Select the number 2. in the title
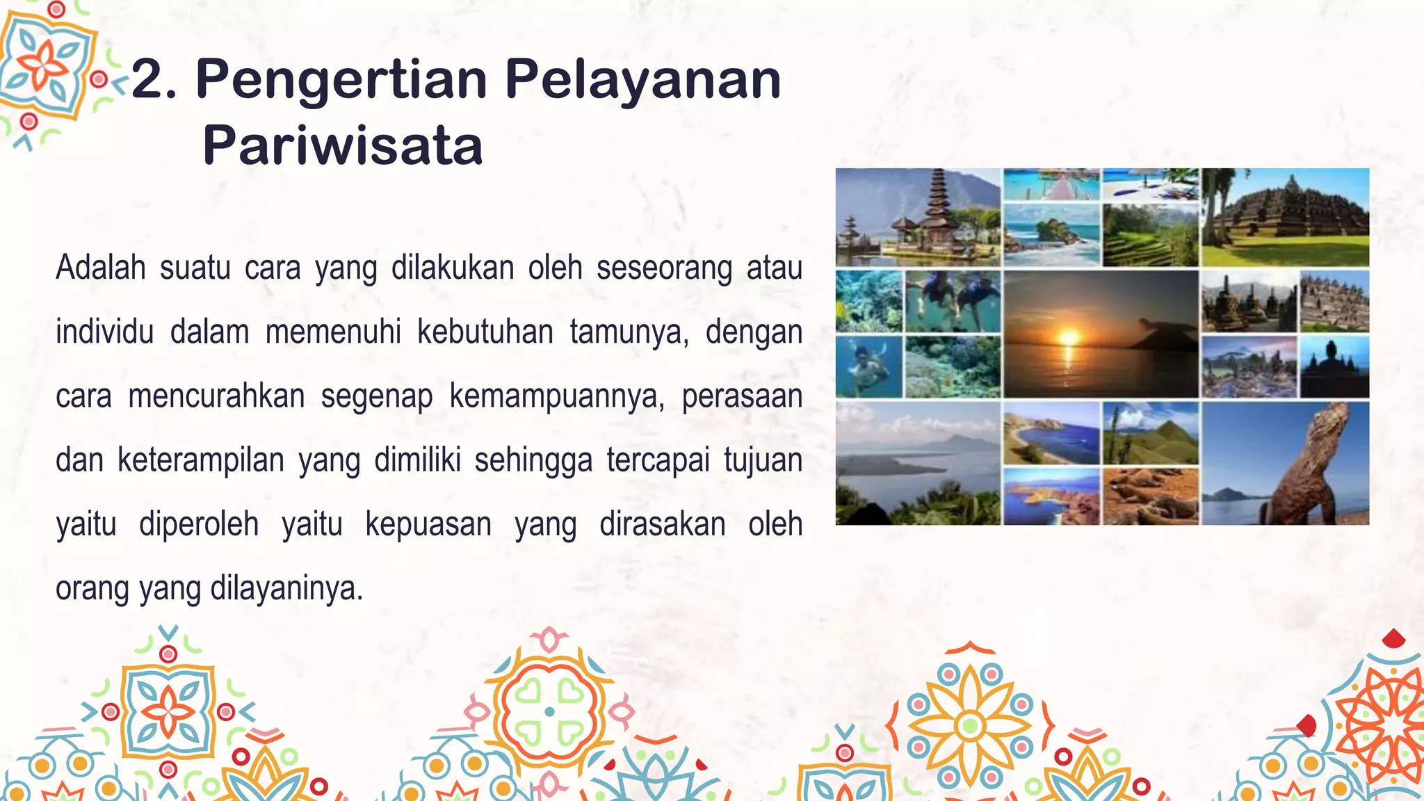pos(154,80)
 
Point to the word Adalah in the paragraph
pos(101,268)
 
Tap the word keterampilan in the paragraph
pos(201,460)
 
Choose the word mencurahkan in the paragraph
pos(216,396)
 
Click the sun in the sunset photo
pos(1069,338)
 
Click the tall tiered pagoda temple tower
pos(938,202)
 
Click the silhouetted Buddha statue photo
pos(1334,366)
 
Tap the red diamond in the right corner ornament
pos(1393,638)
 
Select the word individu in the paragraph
pos(104,332)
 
